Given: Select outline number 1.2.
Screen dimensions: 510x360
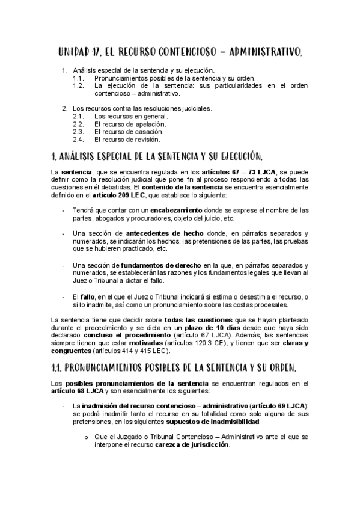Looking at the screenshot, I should point(78,86).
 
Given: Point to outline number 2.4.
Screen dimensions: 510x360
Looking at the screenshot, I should point(78,140).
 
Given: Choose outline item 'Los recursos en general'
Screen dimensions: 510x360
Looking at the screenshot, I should point(129,116).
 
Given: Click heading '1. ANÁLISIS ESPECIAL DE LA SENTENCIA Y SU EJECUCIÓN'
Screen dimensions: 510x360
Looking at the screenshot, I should point(157,158).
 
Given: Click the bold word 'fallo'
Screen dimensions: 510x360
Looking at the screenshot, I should point(88,296).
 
